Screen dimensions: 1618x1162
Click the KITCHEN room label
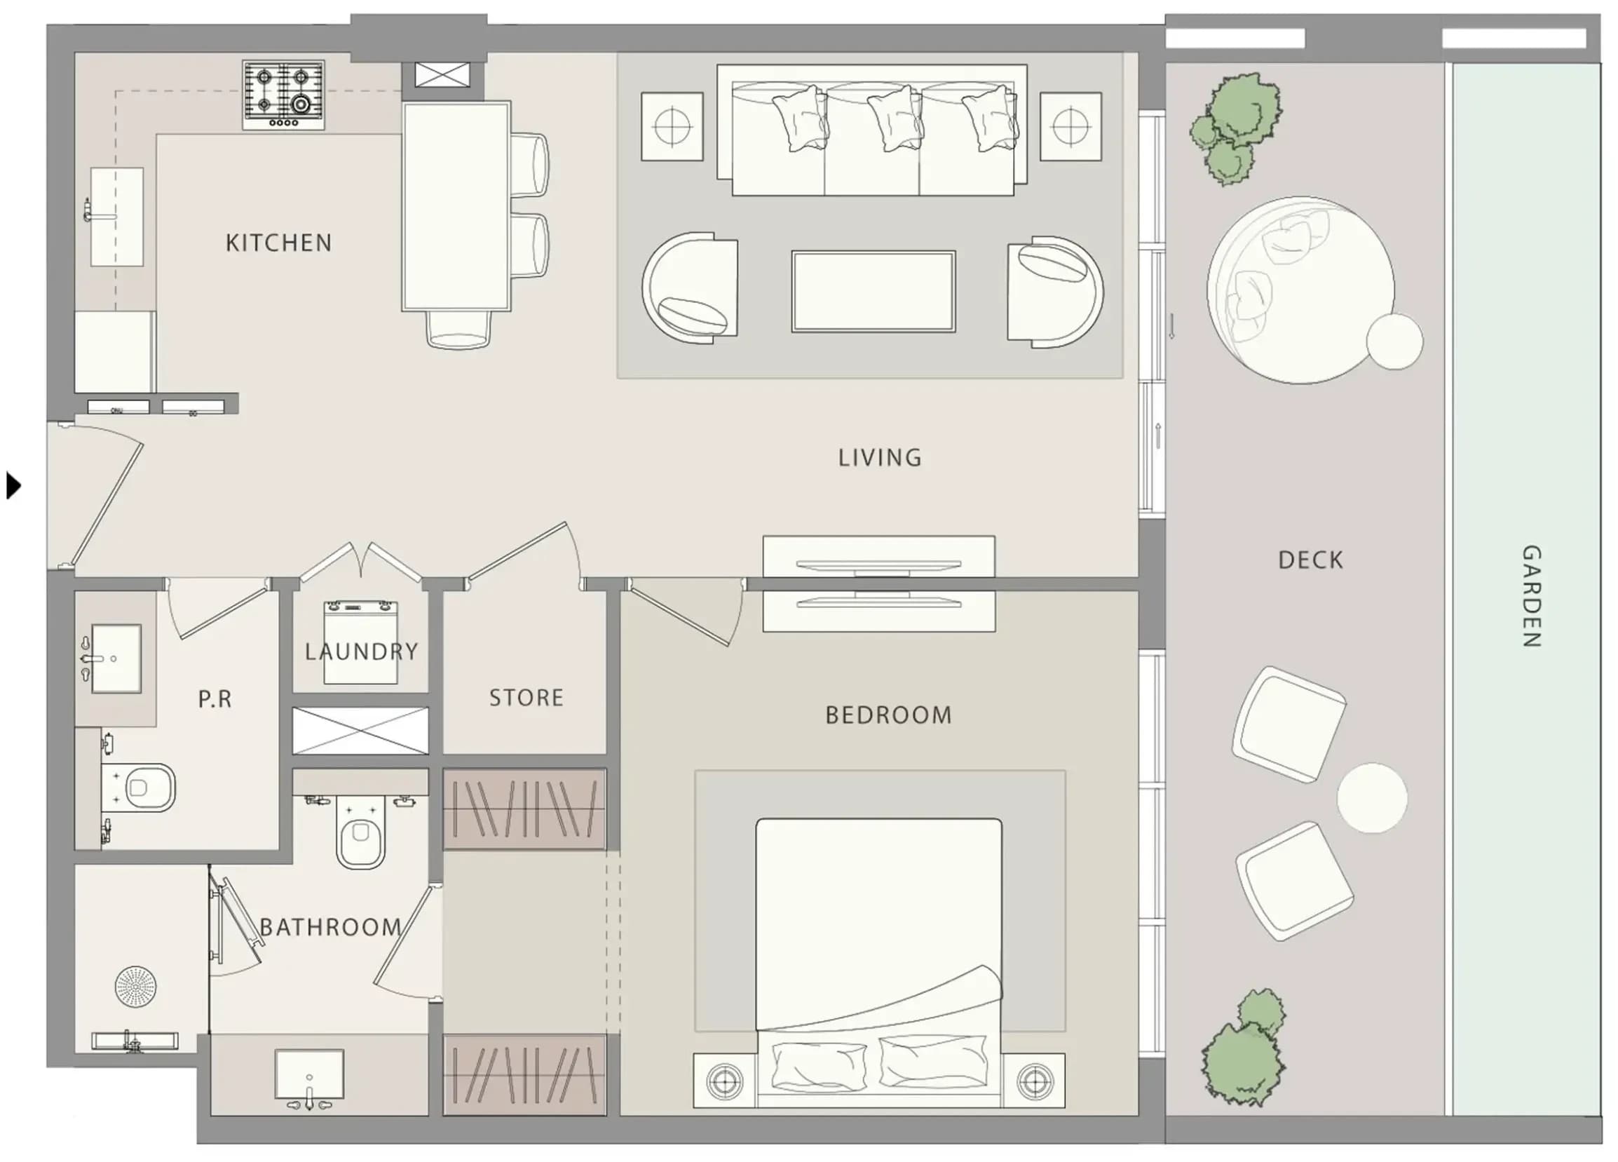(279, 243)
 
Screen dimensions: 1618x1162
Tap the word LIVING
(880, 457)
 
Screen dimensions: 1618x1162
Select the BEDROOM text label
(888, 715)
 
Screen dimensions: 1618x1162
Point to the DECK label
(1310, 560)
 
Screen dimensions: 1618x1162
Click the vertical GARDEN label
(1532, 596)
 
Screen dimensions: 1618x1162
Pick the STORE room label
(526, 697)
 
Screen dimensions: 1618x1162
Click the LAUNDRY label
(361, 651)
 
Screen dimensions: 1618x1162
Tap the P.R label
(215, 699)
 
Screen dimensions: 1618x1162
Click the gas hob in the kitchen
(283, 95)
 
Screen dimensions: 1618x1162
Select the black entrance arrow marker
(13, 485)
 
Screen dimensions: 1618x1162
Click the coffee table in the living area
(873, 291)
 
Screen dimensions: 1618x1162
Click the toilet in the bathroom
(360, 833)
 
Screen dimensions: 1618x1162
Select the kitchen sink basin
(116, 217)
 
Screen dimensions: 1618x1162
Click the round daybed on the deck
(1300, 290)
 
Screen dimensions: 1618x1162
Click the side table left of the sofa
(672, 126)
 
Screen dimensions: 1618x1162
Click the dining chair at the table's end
(458, 330)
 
